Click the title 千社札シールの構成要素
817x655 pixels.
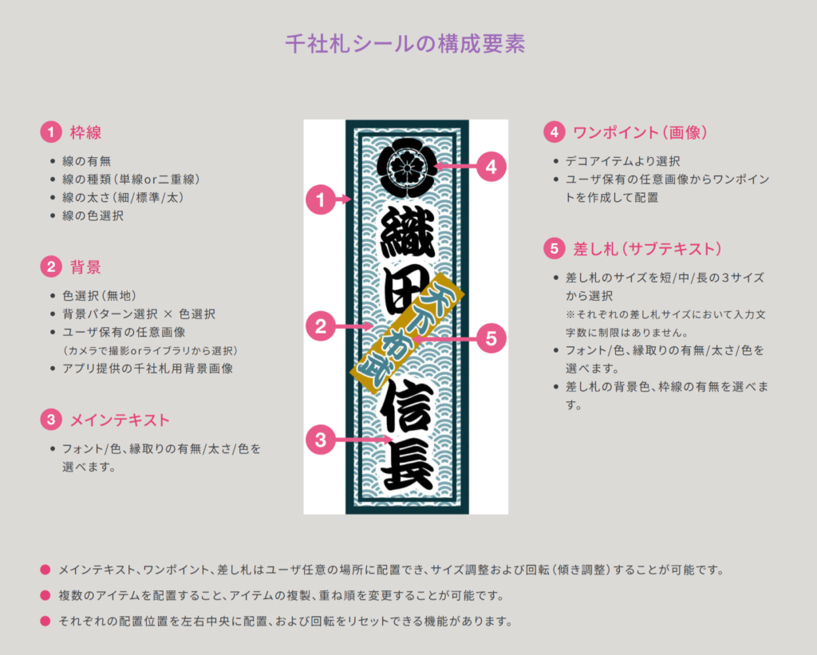(405, 43)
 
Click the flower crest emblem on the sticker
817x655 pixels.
(407, 167)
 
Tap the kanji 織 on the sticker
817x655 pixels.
(406, 232)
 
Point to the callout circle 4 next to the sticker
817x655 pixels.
(491, 168)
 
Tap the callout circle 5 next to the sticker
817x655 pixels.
(491, 338)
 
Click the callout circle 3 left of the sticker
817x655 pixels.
(321, 439)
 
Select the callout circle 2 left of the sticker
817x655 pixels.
(321, 326)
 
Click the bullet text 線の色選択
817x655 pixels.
(93, 215)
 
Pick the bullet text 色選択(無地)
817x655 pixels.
(99, 295)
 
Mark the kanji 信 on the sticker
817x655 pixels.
(406, 408)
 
